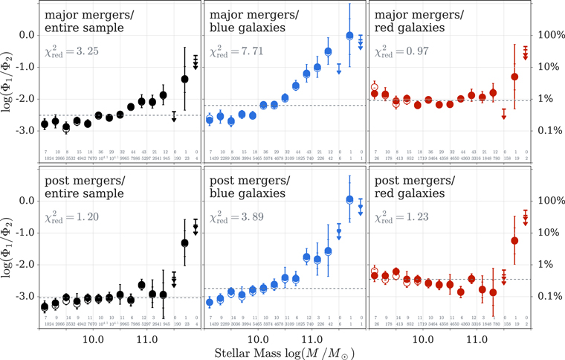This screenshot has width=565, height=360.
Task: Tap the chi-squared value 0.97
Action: tap(401, 51)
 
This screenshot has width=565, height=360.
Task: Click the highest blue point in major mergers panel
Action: tap(349, 35)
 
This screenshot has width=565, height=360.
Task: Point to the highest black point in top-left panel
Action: tap(184, 79)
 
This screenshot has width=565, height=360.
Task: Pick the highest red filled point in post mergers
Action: tap(514, 240)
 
